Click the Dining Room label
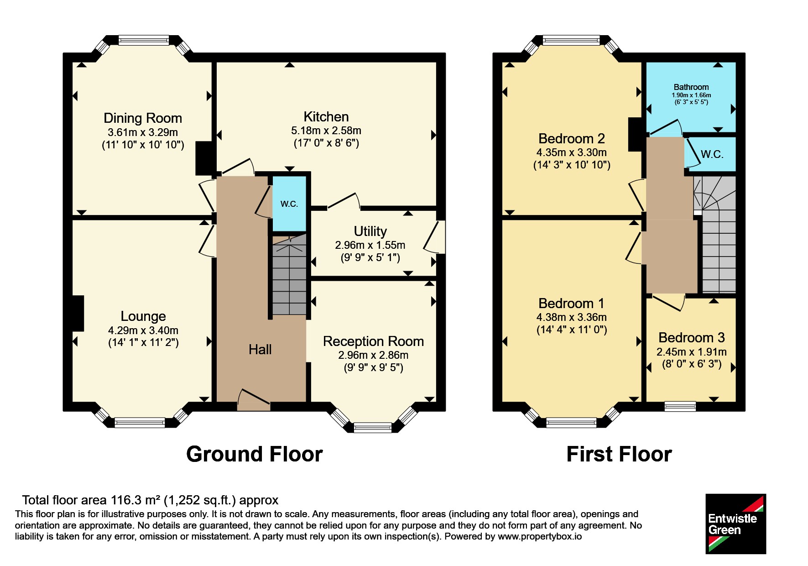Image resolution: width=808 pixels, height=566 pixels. point(143,118)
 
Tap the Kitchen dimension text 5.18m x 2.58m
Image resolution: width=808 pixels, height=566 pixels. point(326,131)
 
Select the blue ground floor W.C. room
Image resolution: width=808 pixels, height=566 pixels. point(289,204)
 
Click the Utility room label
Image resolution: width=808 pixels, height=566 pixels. point(370,231)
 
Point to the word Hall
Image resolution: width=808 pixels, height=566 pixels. point(260,350)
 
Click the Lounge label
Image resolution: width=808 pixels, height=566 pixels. point(143,316)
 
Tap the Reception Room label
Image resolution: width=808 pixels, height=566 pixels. point(373,341)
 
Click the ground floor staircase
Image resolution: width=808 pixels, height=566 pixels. point(289,275)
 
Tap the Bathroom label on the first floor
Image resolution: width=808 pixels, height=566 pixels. point(691,87)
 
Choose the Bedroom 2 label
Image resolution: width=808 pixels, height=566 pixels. point(572,139)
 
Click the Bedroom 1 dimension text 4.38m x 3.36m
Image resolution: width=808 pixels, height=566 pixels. point(572,317)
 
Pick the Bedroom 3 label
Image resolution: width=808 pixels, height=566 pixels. point(692,338)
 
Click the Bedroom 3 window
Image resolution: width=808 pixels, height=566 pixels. point(680,406)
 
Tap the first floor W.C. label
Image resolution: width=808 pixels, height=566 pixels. point(712,154)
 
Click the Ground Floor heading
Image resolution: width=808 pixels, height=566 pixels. point(255,455)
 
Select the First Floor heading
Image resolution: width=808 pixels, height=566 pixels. point(619,455)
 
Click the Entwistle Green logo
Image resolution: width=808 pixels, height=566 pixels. point(736,524)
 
